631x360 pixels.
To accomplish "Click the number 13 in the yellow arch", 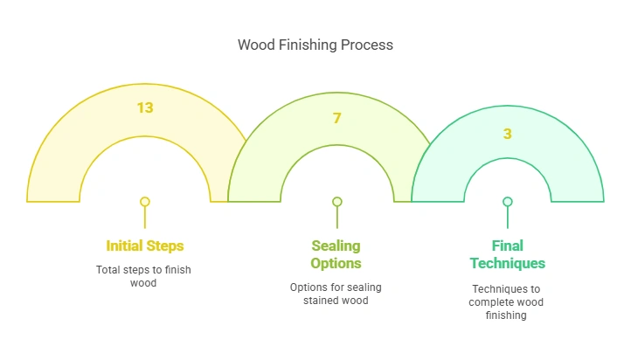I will (145, 107).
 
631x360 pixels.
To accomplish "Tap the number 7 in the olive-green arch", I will (336, 118).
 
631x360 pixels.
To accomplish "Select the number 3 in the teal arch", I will (507, 134).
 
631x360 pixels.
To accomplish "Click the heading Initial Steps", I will (145, 246).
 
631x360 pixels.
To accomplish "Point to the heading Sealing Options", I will (336, 254).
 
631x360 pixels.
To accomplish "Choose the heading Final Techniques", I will (507, 254).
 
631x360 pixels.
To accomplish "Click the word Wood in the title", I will (255, 45).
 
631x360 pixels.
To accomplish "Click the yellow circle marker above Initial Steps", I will (145, 202).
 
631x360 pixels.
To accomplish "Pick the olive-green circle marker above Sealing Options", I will (336, 202).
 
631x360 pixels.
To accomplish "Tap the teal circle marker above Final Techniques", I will (507, 202).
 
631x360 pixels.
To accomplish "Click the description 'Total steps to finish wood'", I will (145, 276).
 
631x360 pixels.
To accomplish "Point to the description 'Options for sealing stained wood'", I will (336, 294).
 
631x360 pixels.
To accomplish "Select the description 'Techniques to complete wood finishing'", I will (507, 301).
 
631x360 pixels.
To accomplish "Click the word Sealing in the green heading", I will (336, 246).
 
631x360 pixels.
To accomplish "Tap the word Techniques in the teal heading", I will (507, 263).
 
